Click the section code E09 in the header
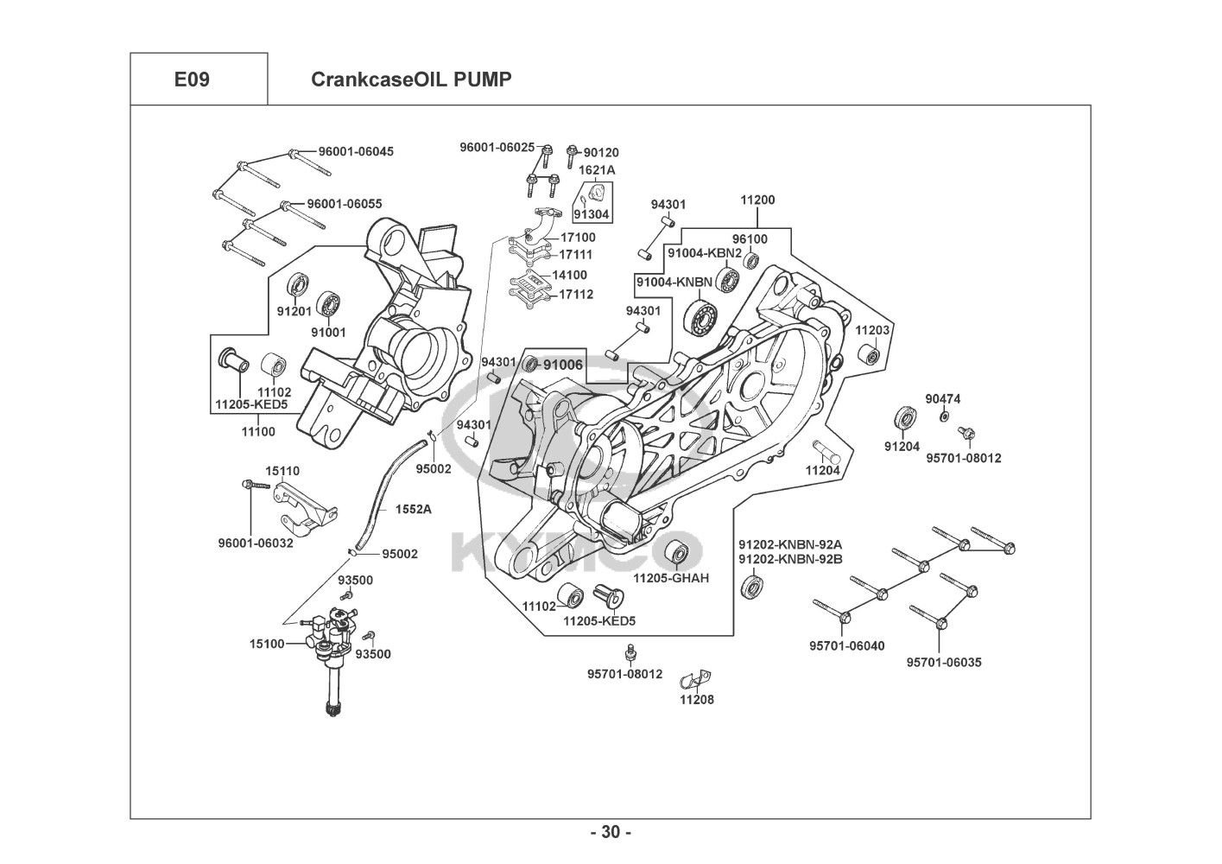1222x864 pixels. (x=192, y=79)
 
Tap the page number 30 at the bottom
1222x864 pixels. (x=611, y=832)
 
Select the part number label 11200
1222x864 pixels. (x=757, y=200)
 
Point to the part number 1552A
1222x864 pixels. (x=413, y=509)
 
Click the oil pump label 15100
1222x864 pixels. (x=267, y=643)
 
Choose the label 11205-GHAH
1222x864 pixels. (x=671, y=577)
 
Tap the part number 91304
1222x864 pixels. (x=592, y=215)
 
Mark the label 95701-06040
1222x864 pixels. (x=846, y=645)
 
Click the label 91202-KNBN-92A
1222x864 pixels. (x=789, y=544)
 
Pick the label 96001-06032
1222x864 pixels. (x=256, y=543)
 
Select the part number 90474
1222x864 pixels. (x=943, y=399)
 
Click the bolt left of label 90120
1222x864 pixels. (x=571, y=155)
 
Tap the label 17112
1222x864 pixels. (x=576, y=294)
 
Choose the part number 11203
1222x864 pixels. (x=872, y=331)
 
